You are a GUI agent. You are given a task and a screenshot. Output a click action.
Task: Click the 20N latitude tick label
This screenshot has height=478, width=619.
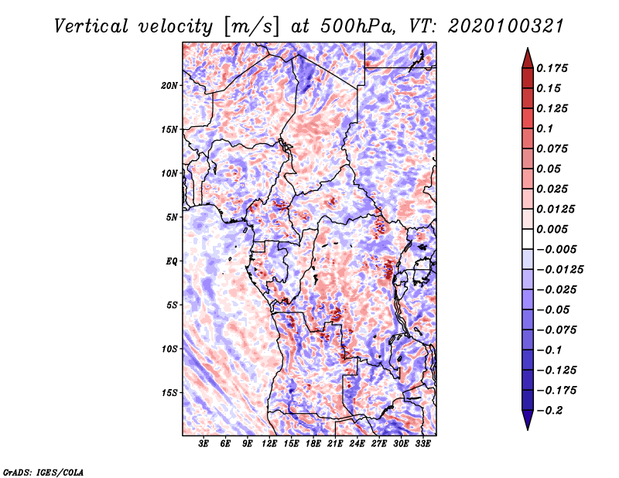169,86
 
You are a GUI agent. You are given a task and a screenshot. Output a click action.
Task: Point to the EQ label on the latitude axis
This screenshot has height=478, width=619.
172,261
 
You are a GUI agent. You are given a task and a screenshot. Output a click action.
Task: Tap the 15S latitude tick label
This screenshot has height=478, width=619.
169,393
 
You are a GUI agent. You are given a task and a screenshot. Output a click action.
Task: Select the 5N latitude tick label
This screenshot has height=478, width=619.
172,217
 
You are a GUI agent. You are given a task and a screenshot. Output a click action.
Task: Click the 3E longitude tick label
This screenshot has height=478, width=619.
203,444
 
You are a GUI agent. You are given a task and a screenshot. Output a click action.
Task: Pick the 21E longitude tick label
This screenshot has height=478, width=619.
335,444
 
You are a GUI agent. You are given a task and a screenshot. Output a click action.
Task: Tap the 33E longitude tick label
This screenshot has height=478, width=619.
422,444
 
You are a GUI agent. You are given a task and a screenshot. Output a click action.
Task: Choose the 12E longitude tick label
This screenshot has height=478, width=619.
269,444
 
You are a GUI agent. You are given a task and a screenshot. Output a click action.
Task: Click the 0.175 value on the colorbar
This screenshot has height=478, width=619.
552,68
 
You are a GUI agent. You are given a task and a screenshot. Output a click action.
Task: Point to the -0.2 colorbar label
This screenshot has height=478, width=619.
550,410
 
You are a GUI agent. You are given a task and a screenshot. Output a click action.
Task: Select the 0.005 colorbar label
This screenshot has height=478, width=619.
552,229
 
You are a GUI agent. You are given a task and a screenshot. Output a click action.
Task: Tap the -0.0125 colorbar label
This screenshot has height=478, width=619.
559,269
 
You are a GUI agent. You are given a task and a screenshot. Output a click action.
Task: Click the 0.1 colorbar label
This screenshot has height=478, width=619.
545,128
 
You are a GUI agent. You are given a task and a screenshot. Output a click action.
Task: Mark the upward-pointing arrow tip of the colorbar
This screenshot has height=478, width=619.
528,48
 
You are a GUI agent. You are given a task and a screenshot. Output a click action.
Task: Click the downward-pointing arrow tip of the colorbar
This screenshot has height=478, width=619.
528,429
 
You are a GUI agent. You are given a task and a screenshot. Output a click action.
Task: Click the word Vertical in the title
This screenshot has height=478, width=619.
91,26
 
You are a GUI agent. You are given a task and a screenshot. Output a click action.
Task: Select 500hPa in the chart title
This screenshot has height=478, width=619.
357,26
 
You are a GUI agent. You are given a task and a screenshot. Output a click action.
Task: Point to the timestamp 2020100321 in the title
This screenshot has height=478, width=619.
506,26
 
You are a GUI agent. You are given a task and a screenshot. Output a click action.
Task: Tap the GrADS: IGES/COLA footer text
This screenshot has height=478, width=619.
43,472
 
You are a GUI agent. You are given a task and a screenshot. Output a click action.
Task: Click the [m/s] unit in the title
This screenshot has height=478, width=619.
251,27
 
